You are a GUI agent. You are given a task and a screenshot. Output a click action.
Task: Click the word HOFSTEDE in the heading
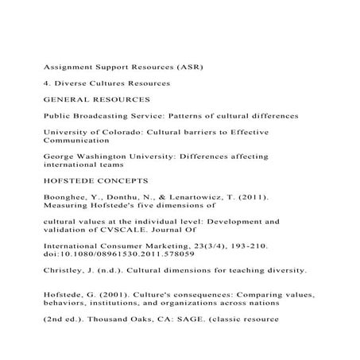72,182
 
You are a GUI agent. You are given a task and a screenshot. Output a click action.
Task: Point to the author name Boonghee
67,199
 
